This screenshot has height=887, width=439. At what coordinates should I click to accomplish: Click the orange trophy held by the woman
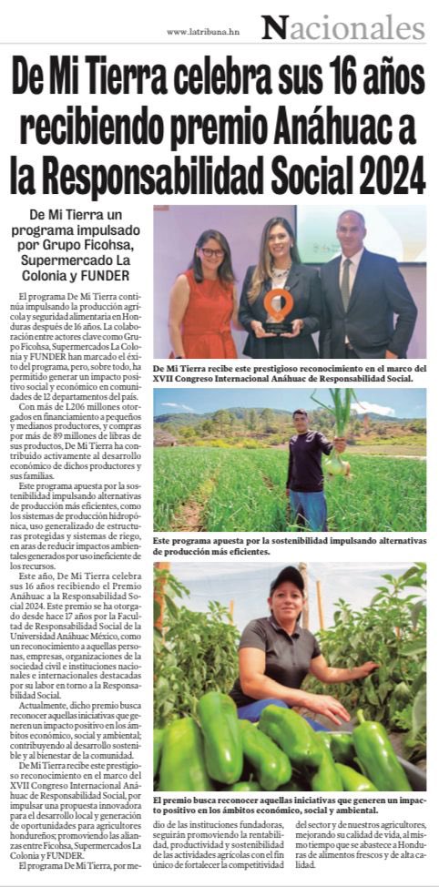point(279,308)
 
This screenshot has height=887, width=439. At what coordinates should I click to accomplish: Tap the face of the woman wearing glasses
point(212,249)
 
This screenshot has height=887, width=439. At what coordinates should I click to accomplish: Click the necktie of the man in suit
point(347,282)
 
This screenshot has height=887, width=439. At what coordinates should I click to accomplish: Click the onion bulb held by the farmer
point(335,465)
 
